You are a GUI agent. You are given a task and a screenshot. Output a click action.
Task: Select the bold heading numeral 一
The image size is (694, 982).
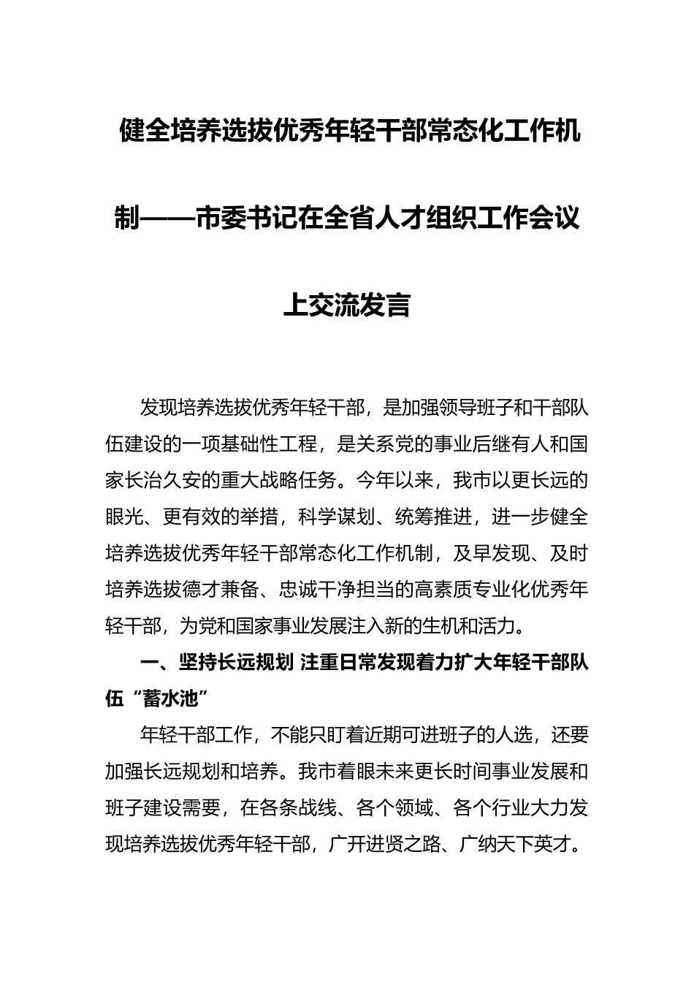[x=149, y=663]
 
